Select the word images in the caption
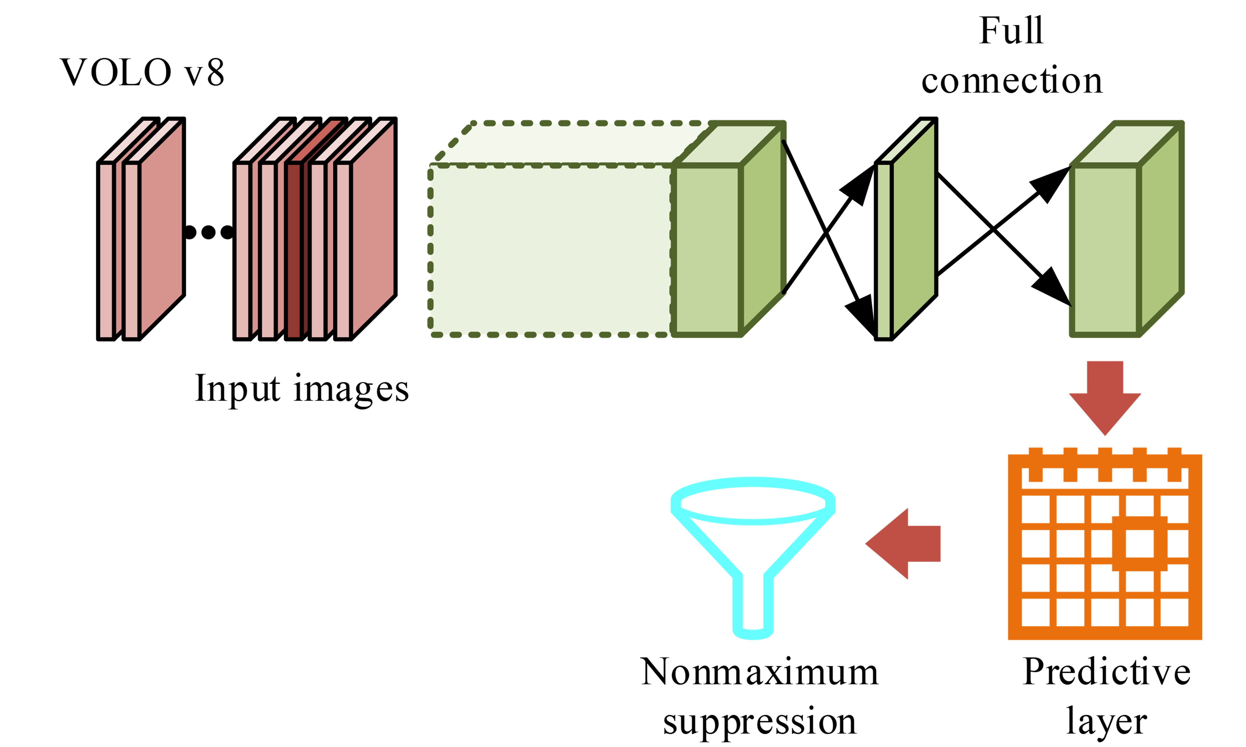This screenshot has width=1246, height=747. click(x=351, y=390)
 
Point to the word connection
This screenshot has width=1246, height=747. click(x=1012, y=80)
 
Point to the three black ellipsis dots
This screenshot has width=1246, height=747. click(x=209, y=232)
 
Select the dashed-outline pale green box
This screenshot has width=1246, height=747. click(x=551, y=249)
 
